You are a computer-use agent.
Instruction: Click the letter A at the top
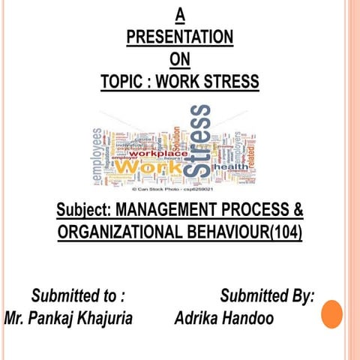point(179,13)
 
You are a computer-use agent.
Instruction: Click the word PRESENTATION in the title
point(179,37)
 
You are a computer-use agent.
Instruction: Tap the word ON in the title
point(179,59)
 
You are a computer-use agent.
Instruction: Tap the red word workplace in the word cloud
point(159,154)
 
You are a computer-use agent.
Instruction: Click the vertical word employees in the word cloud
point(97,154)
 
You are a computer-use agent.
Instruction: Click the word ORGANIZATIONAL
point(121,233)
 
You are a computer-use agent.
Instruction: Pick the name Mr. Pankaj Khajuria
point(68,318)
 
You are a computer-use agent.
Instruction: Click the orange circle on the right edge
point(331,314)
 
